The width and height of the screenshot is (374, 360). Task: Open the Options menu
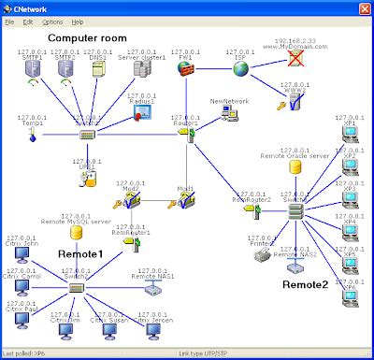click(52, 21)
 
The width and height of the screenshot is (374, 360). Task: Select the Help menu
click(77, 21)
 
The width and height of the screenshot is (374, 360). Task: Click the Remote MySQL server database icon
click(76, 232)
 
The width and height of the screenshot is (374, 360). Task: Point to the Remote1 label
click(81, 253)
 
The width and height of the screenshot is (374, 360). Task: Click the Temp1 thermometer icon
click(32, 137)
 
